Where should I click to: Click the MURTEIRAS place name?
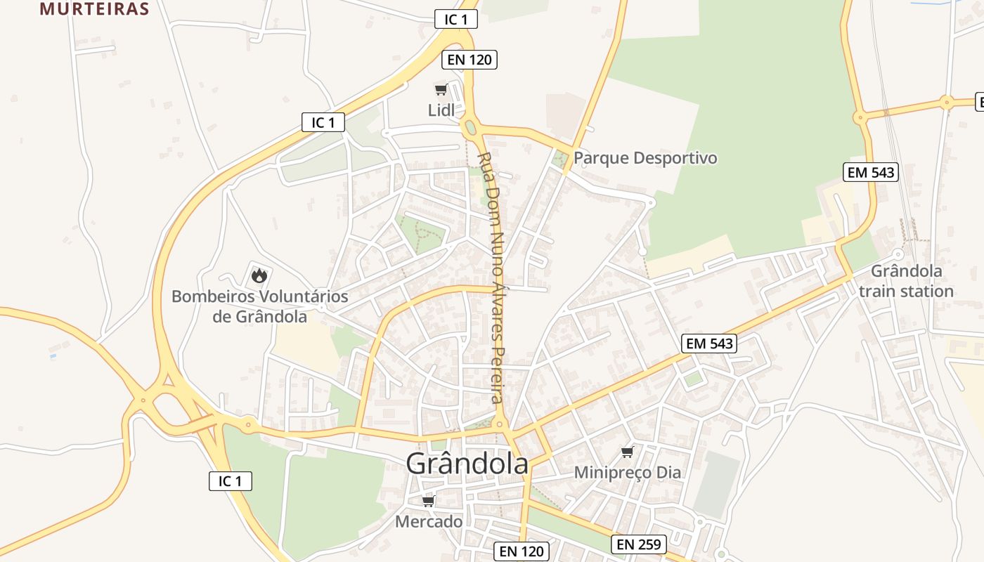pos(94,8)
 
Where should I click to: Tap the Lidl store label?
pos(441,110)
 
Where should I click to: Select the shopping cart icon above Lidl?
pos(441,89)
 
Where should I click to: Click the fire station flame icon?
pos(259,275)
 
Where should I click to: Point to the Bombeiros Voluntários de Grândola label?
pos(259,306)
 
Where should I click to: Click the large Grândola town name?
pos(467,464)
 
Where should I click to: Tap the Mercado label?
pos(429,521)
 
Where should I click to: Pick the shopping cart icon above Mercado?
pos(428,501)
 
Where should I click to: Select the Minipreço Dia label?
pos(628,472)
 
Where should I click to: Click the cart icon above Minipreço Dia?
pos(627,452)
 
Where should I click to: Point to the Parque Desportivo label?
pos(645,157)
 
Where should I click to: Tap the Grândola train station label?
pos(906,281)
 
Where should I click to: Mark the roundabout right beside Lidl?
pos(470,128)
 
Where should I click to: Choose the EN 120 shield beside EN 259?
pos(521,551)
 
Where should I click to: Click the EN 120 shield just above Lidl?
pos(470,60)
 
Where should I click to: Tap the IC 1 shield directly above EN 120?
pos(456,19)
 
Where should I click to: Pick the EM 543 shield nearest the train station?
pos(871,172)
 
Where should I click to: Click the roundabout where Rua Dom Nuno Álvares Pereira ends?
pos(500,424)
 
